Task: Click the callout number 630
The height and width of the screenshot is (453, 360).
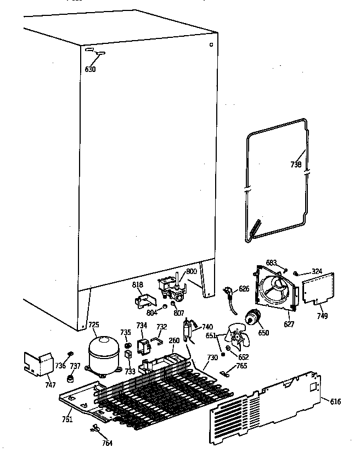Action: pyautogui.click(x=91, y=69)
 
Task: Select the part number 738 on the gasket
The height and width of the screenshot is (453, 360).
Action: pyautogui.click(x=296, y=164)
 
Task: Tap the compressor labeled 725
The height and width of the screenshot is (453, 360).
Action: pyautogui.click(x=104, y=355)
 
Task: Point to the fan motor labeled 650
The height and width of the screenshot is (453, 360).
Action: pyautogui.click(x=254, y=317)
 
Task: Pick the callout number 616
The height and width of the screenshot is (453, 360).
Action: pyautogui.click(x=335, y=402)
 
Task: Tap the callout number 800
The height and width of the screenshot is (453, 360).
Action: pyautogui.click(x=191, y=271)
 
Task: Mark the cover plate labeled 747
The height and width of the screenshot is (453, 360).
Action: pyautogui.click(x=36, y=363)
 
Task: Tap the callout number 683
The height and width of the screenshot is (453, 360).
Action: pyautogui.click(x=271, y=262)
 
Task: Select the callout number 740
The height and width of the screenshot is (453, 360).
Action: pyautogui.click(x=207, y=327)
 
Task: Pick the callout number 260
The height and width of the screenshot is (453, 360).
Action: pyautogui.click(x=174, y=340)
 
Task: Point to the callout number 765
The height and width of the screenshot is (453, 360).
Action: pyautogui.click(x=241, y=366)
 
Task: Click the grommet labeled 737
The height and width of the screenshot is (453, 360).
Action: pyautogui.click(x=70, y=378)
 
